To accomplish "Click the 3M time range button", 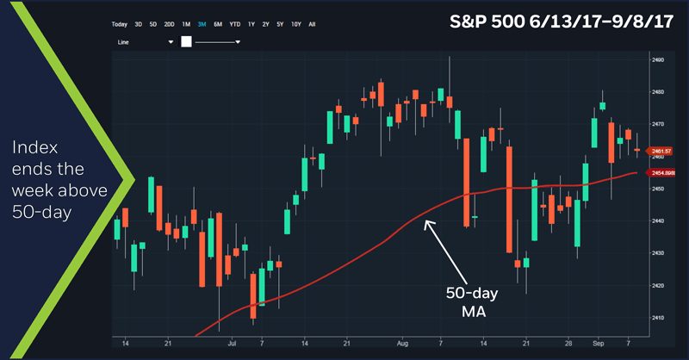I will tap(201, 24).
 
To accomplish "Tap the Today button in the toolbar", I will tap(119, 24).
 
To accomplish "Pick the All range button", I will tap(312, 24).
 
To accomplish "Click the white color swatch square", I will tap(186, 41).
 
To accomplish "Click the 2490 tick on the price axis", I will tap(657, 60).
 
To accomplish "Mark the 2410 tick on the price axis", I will tap(657, 318).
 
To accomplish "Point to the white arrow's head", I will tap(425, 222).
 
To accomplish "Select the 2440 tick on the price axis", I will tap(657, 221).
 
